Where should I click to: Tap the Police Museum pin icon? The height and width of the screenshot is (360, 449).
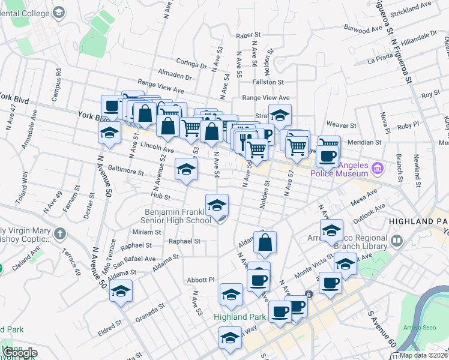(x=378, y=169)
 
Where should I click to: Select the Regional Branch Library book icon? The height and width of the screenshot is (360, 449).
(x=396, y=241)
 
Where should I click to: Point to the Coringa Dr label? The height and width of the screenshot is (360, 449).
(x=191, y=62)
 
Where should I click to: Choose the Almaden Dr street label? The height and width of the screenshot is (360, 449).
(x=175, y=77)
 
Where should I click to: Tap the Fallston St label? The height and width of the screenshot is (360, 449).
(x=268, y=82)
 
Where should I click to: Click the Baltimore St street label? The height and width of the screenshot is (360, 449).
(x=125, y=172)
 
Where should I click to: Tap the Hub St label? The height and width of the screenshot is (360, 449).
(x=161, y=196)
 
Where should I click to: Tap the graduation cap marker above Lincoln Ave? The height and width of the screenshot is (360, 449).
(x=110, y=133)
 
